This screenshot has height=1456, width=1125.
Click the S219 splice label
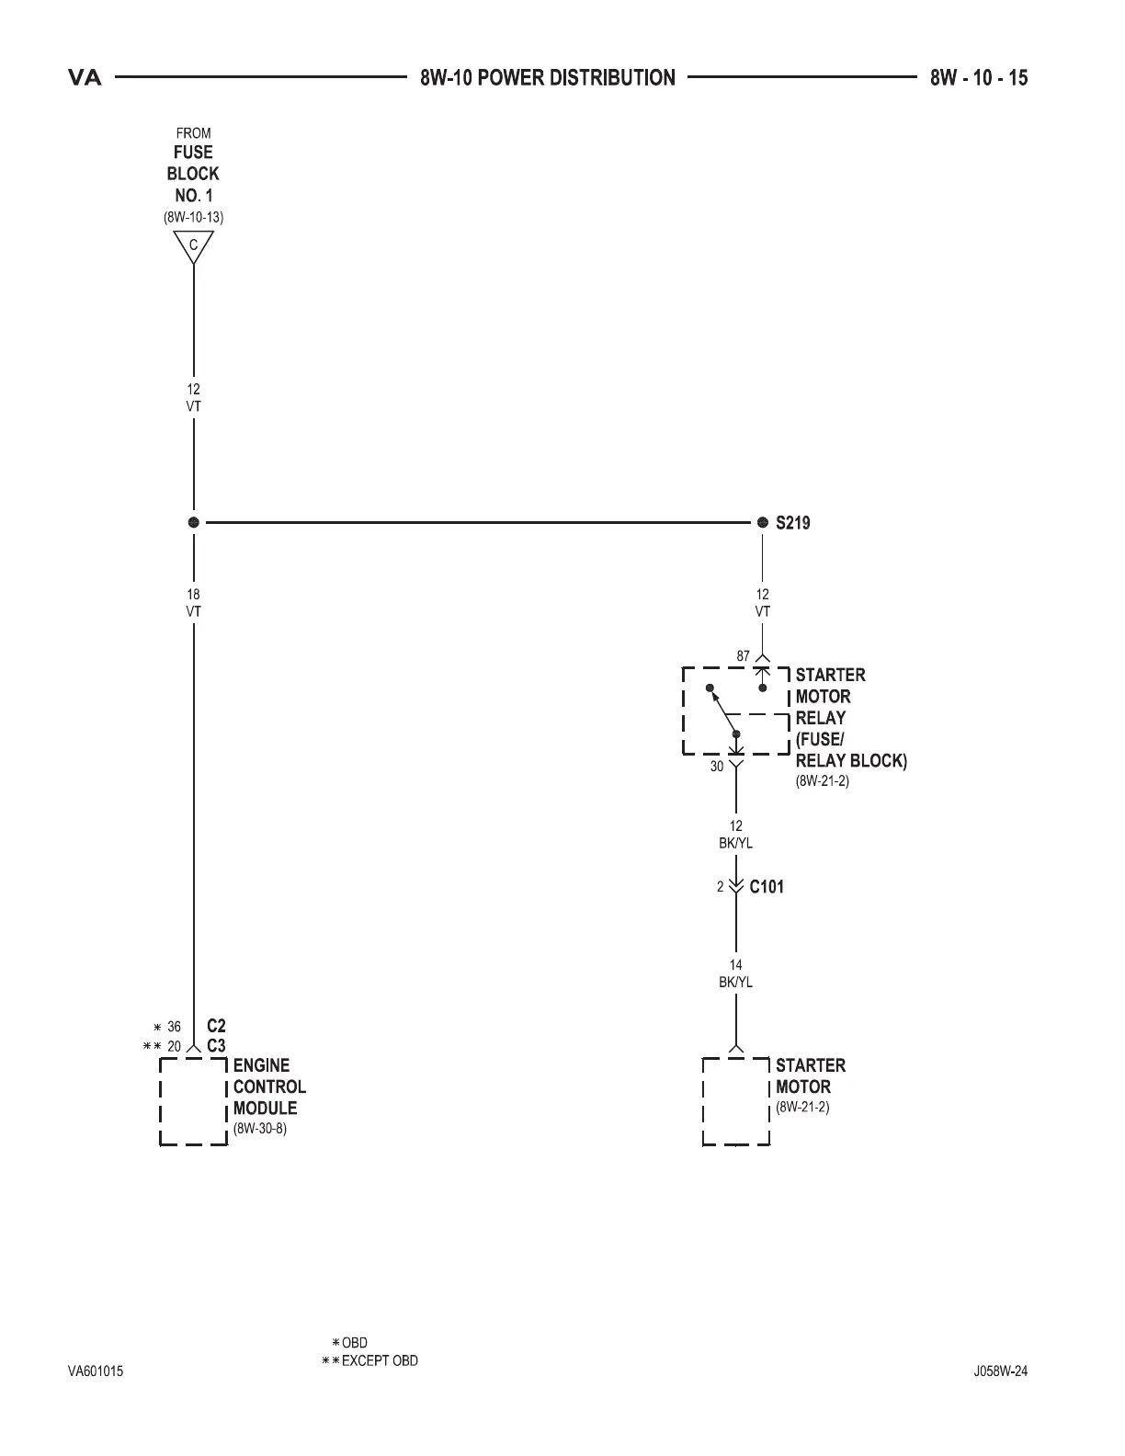tap(792, 523)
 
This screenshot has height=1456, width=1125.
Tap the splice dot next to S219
tap(762, 522)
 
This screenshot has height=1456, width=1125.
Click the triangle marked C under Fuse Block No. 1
tap(193, 246)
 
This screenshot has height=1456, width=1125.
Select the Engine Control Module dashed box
tap(194, 1101)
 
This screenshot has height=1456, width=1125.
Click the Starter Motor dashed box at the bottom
tap(735, 1101)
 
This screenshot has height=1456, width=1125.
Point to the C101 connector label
tap(767, 887)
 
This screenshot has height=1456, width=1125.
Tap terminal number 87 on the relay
tap(743, 656)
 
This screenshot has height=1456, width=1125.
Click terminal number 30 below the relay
tap(717, 766)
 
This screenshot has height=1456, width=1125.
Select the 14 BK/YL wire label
tap(735, 973)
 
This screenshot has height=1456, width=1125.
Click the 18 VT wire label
tap(193, 603)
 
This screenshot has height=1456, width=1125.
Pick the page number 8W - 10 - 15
tap(978, 78)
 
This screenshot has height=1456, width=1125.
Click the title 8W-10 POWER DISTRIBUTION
tap(548, 78)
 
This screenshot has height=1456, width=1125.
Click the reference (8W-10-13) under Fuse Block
tap(193, 218)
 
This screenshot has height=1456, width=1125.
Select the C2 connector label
tap(216, 1026)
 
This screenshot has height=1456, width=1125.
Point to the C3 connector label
tap(216, 1046)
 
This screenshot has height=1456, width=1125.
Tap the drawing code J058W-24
tap(1000, 1371)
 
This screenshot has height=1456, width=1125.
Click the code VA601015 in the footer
tap(96, 1371)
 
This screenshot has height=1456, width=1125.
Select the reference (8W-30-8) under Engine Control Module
tap(260, 1129)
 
